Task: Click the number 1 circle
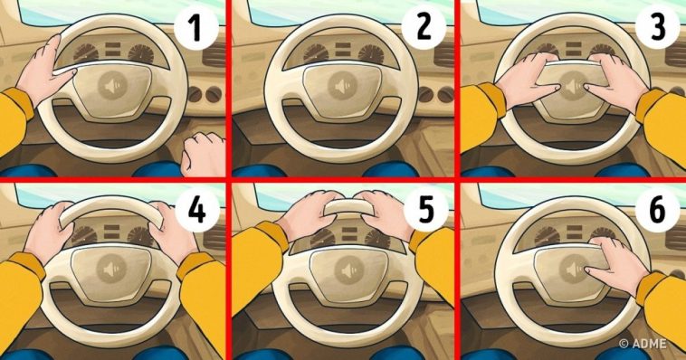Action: pyautogui.click(x=196, y=27)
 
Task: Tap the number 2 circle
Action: pyautogui.click(x=424, y=27)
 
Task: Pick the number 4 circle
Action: pyautogui.click(x=197, y=210)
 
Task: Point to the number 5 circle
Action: pyautogui.click(x=425, y=210)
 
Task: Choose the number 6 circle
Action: pyautogui.click(x=657, y=210)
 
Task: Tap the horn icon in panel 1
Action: pyautogui.click(x=112, y=86)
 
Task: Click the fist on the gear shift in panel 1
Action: pyautogui.click(x=204, y=154)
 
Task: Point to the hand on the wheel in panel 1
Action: pyautogui.click(x=43, y=74)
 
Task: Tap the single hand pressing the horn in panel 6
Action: pyautogui.click(x=617, y=266)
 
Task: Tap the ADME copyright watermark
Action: pyautogui.click(x=643, y=344)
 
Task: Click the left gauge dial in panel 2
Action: pyautogui.click(x=316, y=52)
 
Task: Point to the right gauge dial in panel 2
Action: pyautogui.click(x=371, y=53)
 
